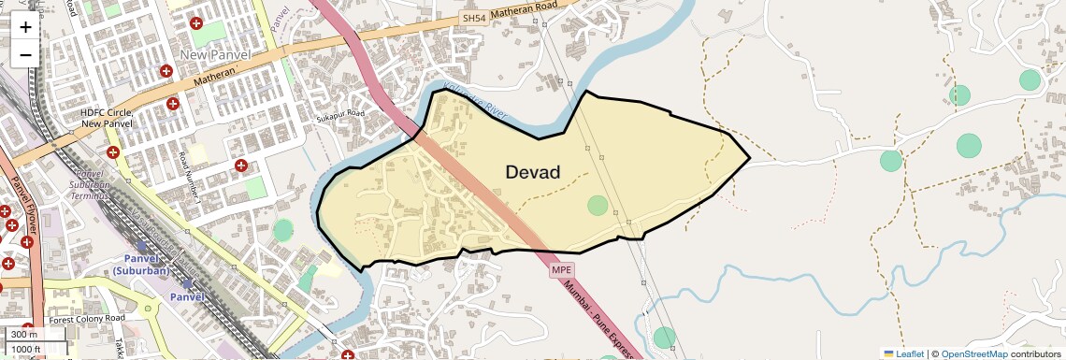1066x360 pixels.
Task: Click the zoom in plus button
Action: pos(25,26)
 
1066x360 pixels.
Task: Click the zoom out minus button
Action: pos(25,54)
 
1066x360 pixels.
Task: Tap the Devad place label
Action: pos(532,173)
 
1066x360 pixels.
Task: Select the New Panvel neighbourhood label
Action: pos(215,55)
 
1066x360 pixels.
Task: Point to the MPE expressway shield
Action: pos(561,270)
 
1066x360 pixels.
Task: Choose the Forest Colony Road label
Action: pos(87,319)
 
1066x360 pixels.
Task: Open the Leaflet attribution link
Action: pos(903,353)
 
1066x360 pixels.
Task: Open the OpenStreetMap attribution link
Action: pos(973,353)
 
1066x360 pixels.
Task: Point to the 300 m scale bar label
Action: pos(24,335)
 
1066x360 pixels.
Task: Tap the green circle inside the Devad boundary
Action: pos(597,206)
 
